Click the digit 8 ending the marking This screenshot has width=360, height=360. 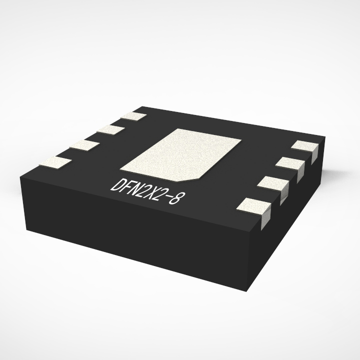click(174, 198)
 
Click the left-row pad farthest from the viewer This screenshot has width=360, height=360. click(133, 117)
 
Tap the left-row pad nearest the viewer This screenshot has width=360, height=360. click(55, 162)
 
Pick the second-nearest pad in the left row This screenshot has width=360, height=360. click(83, 145)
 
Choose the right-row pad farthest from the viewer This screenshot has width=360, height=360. click(305, 145)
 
